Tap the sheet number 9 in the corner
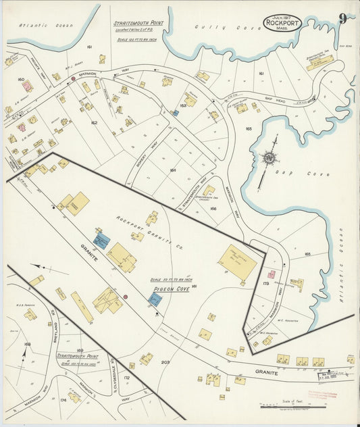pos(343,18)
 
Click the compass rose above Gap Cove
pos(269,159)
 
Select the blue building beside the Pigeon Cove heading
pos(154,299)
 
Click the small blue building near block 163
pos(176,113)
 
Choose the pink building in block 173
pos(272,274)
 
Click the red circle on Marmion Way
pos(73,79)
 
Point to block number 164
pos(173,170)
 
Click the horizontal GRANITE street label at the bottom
pos(265,372)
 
